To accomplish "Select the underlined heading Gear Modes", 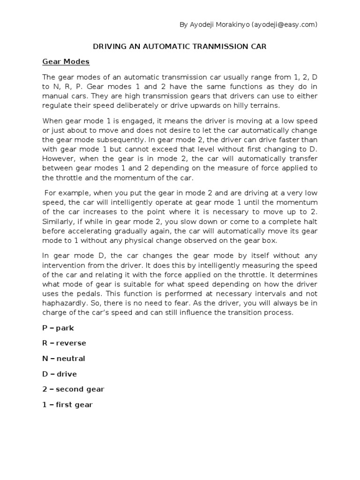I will tap(66, 61).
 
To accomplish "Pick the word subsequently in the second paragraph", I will tap(130, 139).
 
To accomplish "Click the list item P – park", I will tap(58, 328).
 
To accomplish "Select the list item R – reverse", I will tap(64, 343).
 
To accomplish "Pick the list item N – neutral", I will tap(63, 359).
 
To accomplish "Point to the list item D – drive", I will tap(59, 374).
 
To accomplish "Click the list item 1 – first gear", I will tap(67, 405).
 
